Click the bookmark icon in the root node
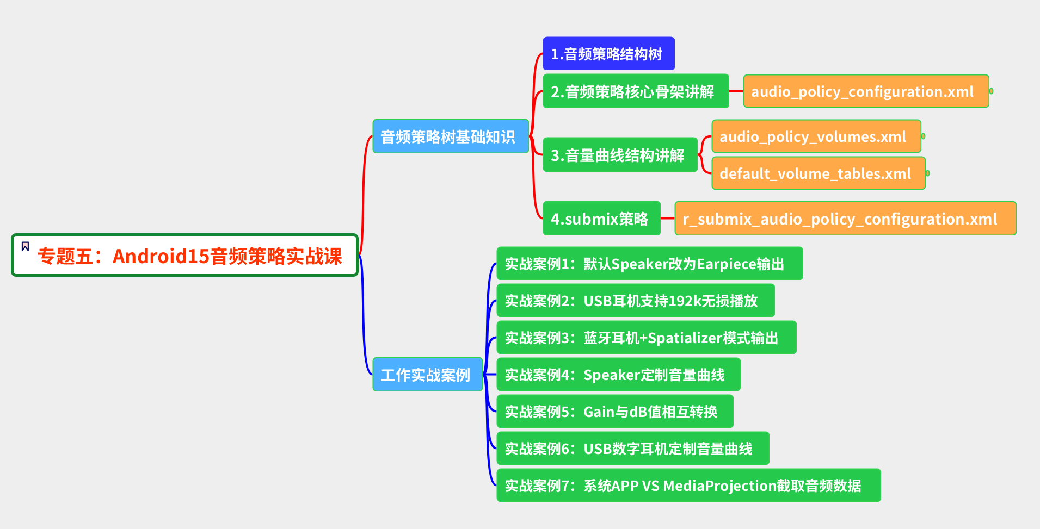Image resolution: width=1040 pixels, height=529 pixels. coord(25,247)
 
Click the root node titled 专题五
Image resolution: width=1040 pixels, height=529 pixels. coord(189,256)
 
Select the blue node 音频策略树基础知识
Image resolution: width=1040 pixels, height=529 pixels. coord(450,136)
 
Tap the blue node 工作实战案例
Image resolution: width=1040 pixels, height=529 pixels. coord(427,375)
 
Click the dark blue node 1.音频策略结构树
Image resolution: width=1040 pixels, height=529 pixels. coord(608,54)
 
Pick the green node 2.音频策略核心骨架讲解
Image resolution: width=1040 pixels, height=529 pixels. coord(635,91)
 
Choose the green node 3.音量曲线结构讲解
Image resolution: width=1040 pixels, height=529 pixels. coord(619,155)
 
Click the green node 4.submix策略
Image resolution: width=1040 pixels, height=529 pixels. coord(601,219)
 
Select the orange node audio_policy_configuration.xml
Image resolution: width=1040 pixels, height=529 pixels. coord(865,91)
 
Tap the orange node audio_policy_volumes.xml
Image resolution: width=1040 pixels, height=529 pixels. coord(815,136)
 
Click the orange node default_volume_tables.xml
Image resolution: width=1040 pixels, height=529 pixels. coord(817,173)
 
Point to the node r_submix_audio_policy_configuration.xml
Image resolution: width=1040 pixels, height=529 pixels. coord(844,219)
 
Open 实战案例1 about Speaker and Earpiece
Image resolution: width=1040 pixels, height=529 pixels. coord(649,264)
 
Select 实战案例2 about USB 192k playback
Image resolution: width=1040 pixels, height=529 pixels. coord(635,301)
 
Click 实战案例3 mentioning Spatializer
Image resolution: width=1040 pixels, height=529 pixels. coord(645,338)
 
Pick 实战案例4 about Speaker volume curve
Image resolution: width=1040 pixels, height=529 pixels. coord(618,375)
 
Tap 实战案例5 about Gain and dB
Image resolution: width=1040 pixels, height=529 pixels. coord(614,412)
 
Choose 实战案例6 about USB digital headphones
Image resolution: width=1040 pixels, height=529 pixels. coord(632,449)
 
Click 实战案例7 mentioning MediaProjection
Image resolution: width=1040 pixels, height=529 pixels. coord(687,486)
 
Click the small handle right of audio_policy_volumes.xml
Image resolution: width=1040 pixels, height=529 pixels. coord(924,136)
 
